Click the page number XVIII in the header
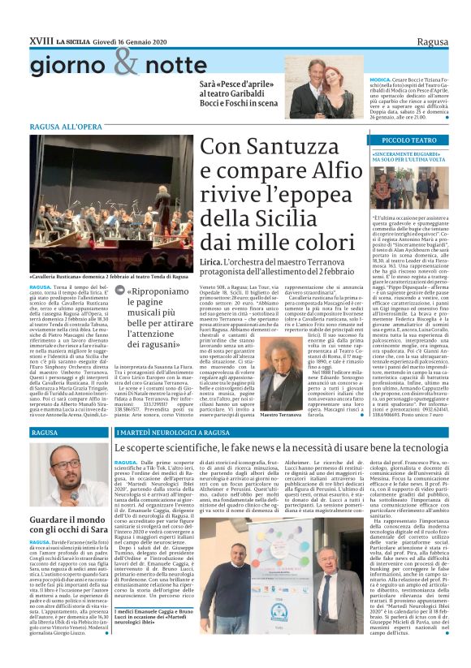pyautogui.click(x=39, y=40)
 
